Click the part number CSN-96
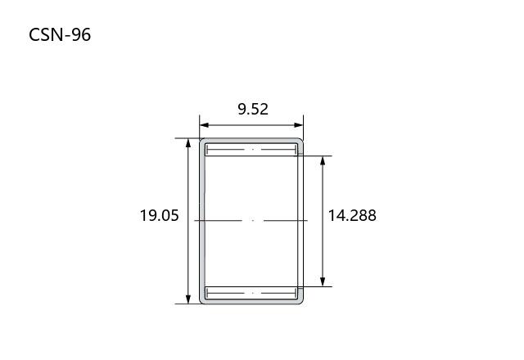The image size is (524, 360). [60, 34]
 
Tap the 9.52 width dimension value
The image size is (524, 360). [253, 110]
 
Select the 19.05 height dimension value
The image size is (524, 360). [159, 215]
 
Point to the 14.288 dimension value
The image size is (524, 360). [352, 215]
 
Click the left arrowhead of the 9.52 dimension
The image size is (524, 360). [204, 125]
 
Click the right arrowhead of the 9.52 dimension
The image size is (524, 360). [299, 125]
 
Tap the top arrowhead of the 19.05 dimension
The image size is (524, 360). [188, 143]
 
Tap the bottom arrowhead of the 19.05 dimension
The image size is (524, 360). [188, 299]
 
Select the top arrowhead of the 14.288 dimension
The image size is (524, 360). [323, 160]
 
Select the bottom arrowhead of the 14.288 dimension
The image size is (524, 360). [323, 281]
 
